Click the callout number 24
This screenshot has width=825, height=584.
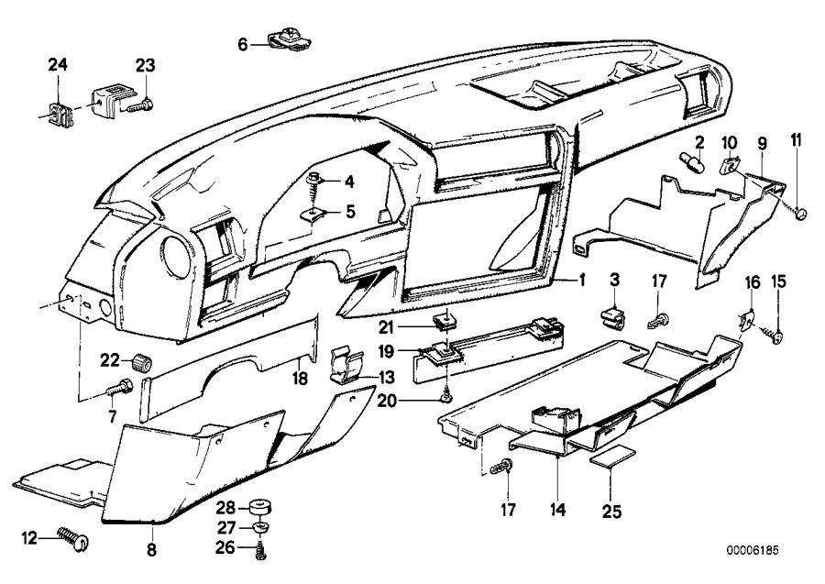click(x=58, y=64)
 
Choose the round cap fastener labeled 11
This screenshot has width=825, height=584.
click(x=803, y=214)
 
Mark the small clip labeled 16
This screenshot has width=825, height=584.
click(x=748, y=320)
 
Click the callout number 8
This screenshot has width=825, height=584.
click(x=152, y=551)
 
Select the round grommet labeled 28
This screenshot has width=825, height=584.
click(x=259, y=507)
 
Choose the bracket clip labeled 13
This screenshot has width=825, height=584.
click(x=341, y=365)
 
